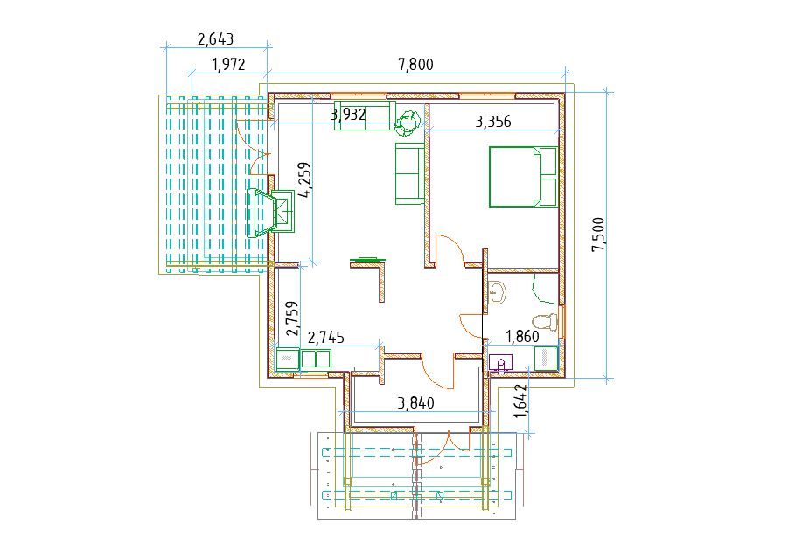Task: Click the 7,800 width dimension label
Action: [415, 65]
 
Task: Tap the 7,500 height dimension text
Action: [598, 234]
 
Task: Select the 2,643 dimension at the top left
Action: [215, 38]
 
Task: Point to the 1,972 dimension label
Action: [228, 65]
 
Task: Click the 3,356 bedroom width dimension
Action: [493, 122]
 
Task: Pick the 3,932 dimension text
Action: [348, 114]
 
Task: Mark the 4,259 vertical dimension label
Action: [305, 179]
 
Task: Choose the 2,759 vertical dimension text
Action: [292, 318]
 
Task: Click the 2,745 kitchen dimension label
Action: [327, 338]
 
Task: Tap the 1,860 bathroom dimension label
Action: [522, 336]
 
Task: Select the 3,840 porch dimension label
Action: [415, 403]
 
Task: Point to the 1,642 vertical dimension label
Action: [520, 401]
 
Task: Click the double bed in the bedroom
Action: [523, 177]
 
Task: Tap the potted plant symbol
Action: [409, 122]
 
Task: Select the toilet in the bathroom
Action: [545, 322]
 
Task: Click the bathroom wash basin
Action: [497, 292]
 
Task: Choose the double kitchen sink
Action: [316, 359]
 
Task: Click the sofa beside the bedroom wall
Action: [409, 173]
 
